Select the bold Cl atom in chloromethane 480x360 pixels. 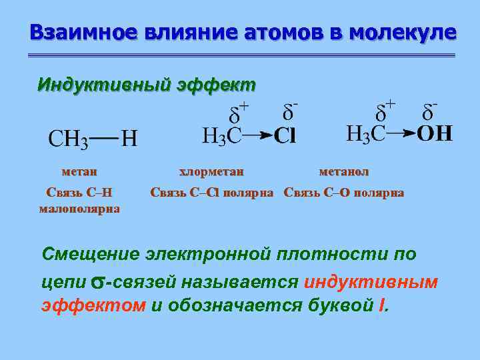pyautogui.click(x=285, y=136)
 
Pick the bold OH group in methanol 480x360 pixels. pyautogui.click(x=435, y=133)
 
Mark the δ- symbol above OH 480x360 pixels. pyautogui.click(x=430, y=110)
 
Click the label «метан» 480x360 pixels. pyautogui.click(x=79, y=171)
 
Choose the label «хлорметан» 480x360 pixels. pyautogui.click(x=211, y=171)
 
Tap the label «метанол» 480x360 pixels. pyautogui.click(x=343, y=171)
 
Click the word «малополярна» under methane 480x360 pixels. pyautogui.click(x=79, y=209)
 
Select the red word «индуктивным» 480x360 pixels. pyautogui.click(x=371, y=281)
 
